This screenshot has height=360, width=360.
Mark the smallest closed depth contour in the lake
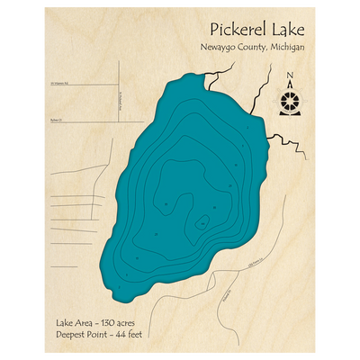203,220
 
